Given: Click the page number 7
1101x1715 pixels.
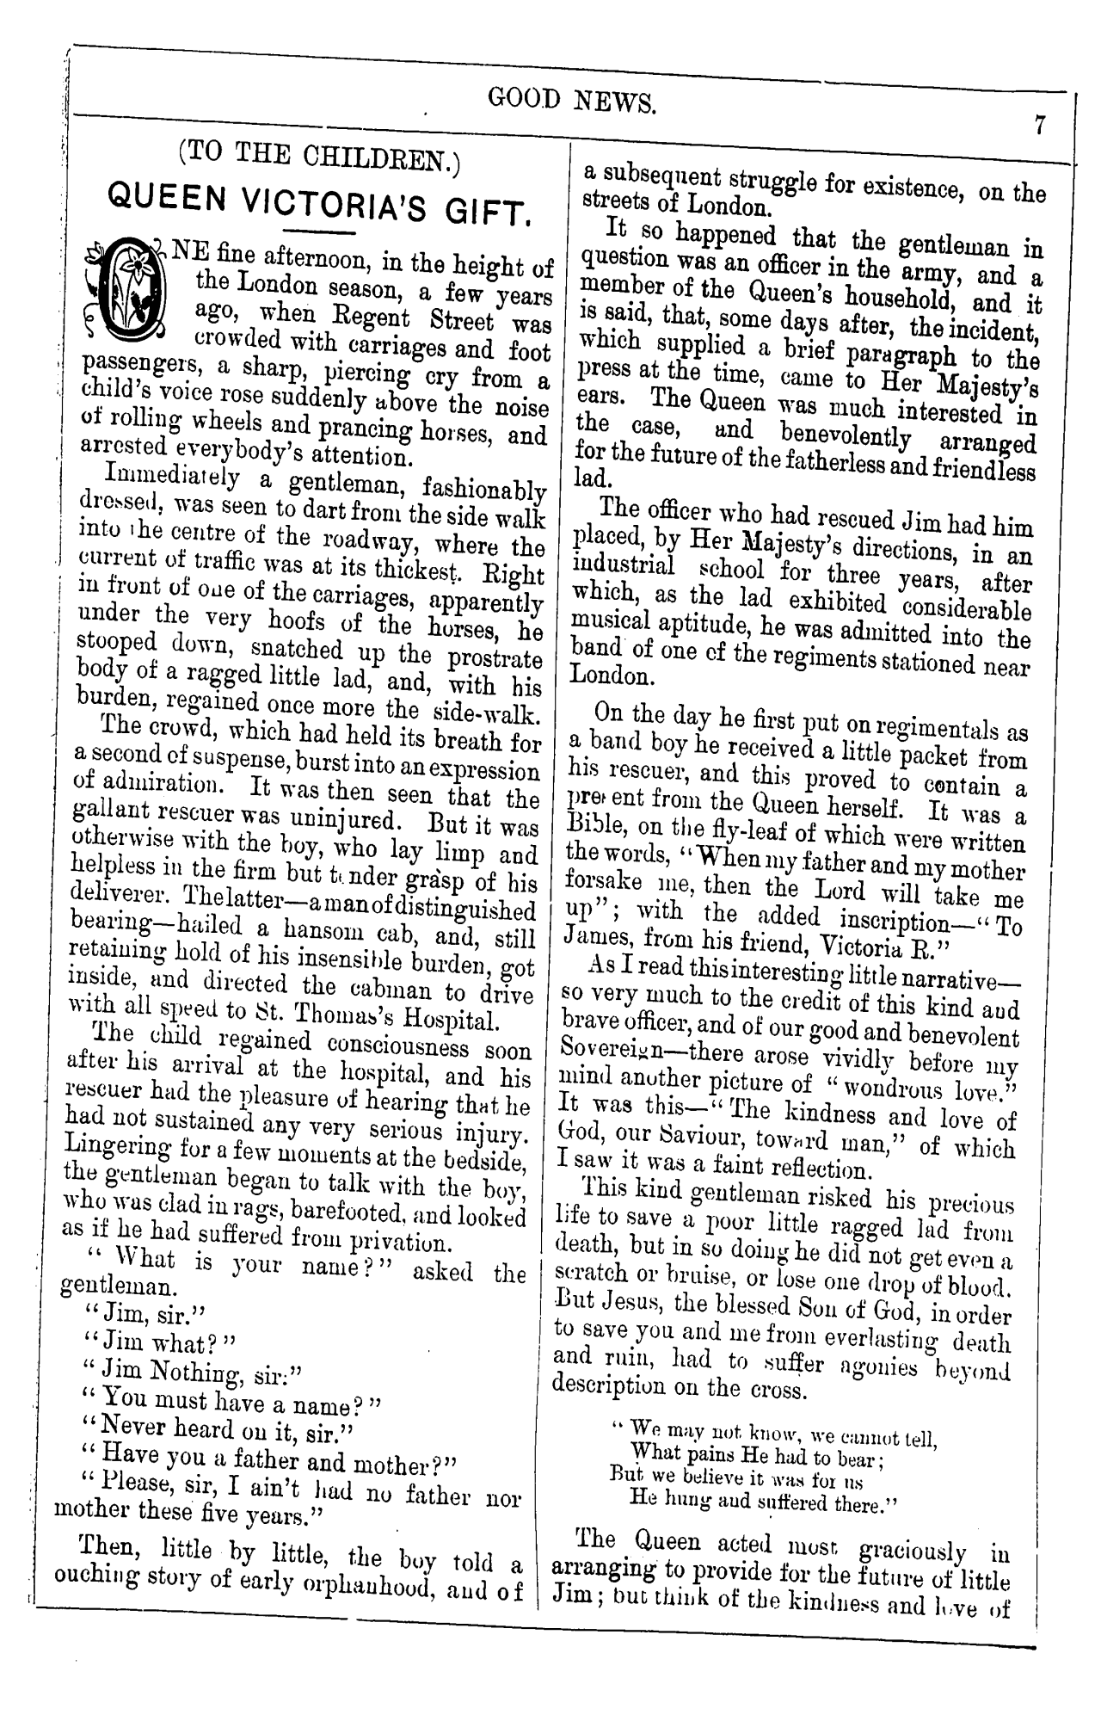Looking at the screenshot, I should coord(1039,126).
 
